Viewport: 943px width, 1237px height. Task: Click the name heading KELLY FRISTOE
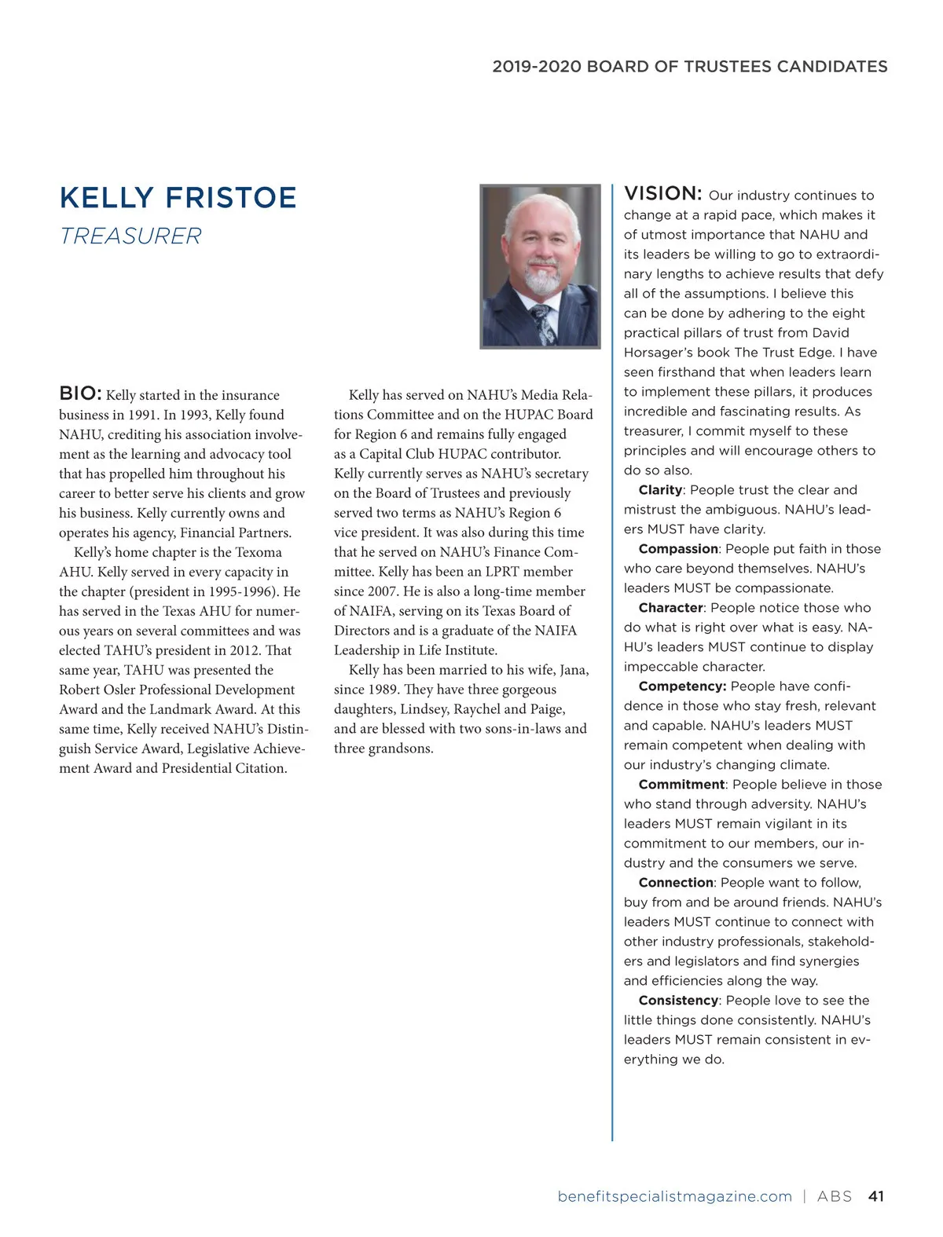point(178,198)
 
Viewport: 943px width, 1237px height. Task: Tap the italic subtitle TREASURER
point(130,236)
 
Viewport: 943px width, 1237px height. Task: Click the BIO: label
point(80,393)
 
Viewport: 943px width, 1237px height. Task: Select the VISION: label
point(662,194)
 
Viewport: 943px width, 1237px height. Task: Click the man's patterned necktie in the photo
point(543,322)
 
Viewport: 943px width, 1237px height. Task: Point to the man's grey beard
point(541,280)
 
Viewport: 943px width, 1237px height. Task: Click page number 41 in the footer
point(876,1196)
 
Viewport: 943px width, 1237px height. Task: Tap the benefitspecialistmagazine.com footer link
point(674,1196)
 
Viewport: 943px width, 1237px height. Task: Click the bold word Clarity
point(660,490)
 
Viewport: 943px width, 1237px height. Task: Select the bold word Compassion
point(678,549)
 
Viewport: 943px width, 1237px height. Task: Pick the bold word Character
point(670,608)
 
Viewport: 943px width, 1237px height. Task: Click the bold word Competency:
point(682,686)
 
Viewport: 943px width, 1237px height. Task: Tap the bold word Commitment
point(681,785)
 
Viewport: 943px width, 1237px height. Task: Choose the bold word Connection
point(676,883)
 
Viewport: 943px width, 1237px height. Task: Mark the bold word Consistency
point(678,1001)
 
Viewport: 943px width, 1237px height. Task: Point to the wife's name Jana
point(574,670)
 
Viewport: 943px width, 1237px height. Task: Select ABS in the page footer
point(835,1196)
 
